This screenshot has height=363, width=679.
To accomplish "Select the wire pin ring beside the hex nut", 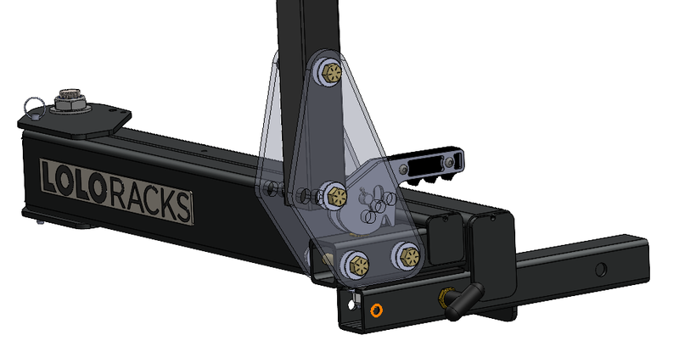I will [x=34, y=103].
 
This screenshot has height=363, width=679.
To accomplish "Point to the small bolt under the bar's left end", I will [x=41, y=224].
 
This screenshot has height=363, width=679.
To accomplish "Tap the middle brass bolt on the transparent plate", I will [x=334, y=195].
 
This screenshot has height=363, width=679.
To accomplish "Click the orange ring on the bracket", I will [x=375, y=310].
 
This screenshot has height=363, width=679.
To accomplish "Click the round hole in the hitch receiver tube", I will [x=601, y=270].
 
